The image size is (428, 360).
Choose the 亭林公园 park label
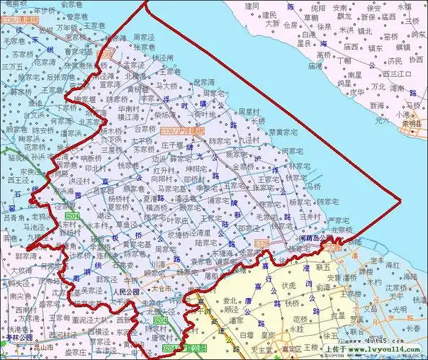(17, 336)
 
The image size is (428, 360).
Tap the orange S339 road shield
(260, 245)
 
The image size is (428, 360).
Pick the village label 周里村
(249, 112)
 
